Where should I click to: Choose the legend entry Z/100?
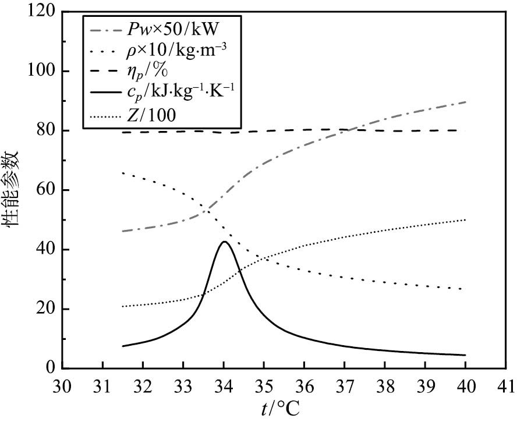pyautogui.click(x=162, y=115)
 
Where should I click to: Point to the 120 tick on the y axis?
pyautogui.click(x=44, y=12)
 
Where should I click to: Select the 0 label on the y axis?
pyautogui.click(x=52, y=368)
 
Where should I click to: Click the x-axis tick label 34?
pyautogui.click(x=224, y=385)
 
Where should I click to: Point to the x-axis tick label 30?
pyautogui.click(x=62, y=385)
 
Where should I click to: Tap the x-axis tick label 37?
pyautogui.click(x=345, y=385)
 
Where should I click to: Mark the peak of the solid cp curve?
pyautogui.click(x=224, y=242)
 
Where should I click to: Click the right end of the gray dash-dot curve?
pyautogui.click(x=466, y=102)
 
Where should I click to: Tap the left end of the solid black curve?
pyautogui.click(x=123, y=346)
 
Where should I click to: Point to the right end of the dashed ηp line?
pyautogui.click(x=466, y=130)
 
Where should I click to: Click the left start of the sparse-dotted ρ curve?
pyautogui.click(x=123, y=173)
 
